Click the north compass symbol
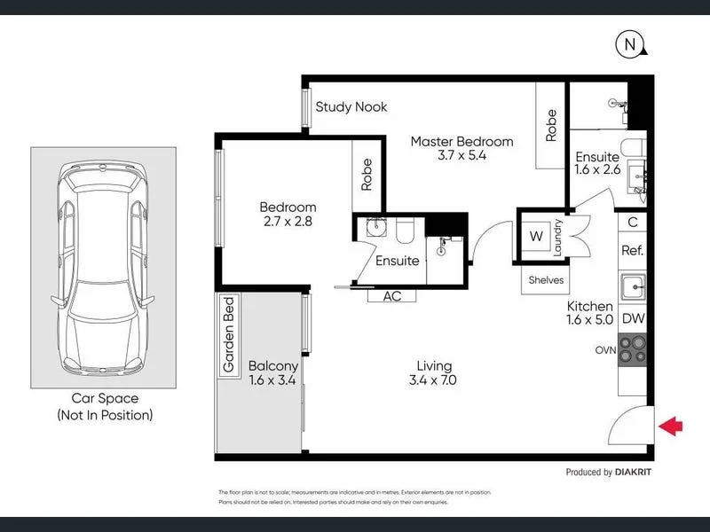click(630, 43)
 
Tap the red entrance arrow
click(672, 427)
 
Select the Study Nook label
click(351, 107)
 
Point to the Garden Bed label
click(228, 334)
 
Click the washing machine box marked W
click(536, 236)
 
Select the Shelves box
click(546, 279)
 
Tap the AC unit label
click(392, 296)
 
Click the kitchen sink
click(632, 286)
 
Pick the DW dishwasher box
click(632, 318)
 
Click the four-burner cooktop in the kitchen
click(632, 349)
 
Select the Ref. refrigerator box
click(632, 251)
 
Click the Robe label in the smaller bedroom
click(367, 175)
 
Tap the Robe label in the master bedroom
click(551, 125)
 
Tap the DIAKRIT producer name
click(633, 473)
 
